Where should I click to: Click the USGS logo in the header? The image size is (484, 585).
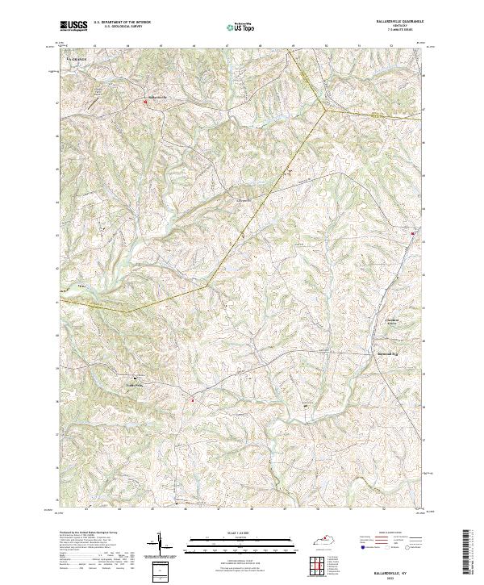click(73, 27)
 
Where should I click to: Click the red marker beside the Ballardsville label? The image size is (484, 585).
click(146, 102)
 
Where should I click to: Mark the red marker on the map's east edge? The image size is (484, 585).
click(414, 234)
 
